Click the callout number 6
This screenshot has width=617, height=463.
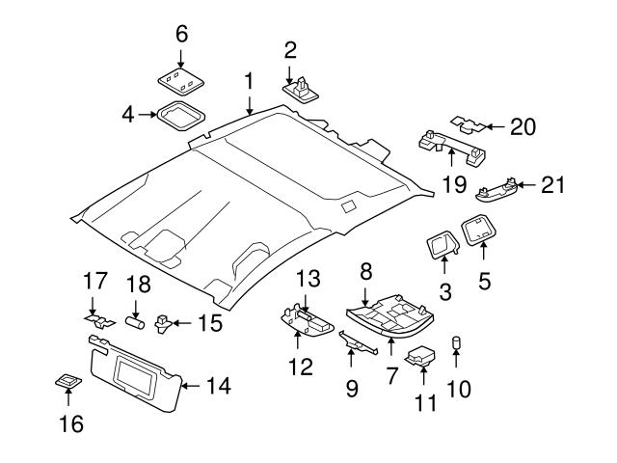pyautogui.click(x=180, y=33)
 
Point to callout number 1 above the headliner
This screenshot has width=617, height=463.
pyautogui.click(x=249, y=80)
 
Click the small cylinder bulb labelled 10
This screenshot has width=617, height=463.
pyautogui.click(x=456, y=342)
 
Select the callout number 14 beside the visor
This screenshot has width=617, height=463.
pyautogui.click(x=219, y=387)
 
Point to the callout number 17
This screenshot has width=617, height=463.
pyautogui.click(x=93, y=283)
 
